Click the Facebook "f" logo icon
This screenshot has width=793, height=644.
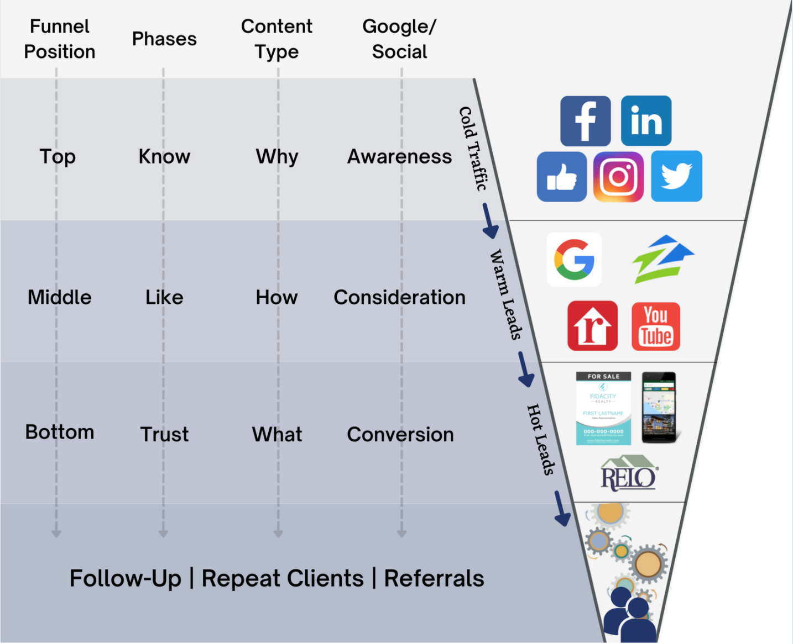[x=585, y=121]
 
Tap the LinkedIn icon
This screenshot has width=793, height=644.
[x=646, y=121]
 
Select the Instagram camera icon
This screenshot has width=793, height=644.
[x=618, y=177]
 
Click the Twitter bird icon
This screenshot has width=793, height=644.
[x=676, y=176]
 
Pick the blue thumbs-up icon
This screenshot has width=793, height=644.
[x=561, y=177]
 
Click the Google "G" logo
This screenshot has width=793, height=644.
[x=574, y=260]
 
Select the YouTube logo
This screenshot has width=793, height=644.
[x=656, y=326]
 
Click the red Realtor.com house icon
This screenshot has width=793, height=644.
[x=592, y=326]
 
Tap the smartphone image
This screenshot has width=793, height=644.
[x=659, y=408]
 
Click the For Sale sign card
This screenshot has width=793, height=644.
[x=603, y=408]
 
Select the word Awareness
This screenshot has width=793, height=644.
[x=399, y=157]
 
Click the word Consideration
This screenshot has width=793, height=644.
[x=399, y=298]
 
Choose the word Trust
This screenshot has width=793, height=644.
[x=164, y=435]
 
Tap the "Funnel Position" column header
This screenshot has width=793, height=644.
[x=60, y=39]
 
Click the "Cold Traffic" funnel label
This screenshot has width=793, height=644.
[x=473, y=149]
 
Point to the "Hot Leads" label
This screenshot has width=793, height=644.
[x=540, y=439]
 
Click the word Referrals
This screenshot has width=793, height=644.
[x=434, y=579]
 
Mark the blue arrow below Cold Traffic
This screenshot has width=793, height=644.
[x=489, y=221]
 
